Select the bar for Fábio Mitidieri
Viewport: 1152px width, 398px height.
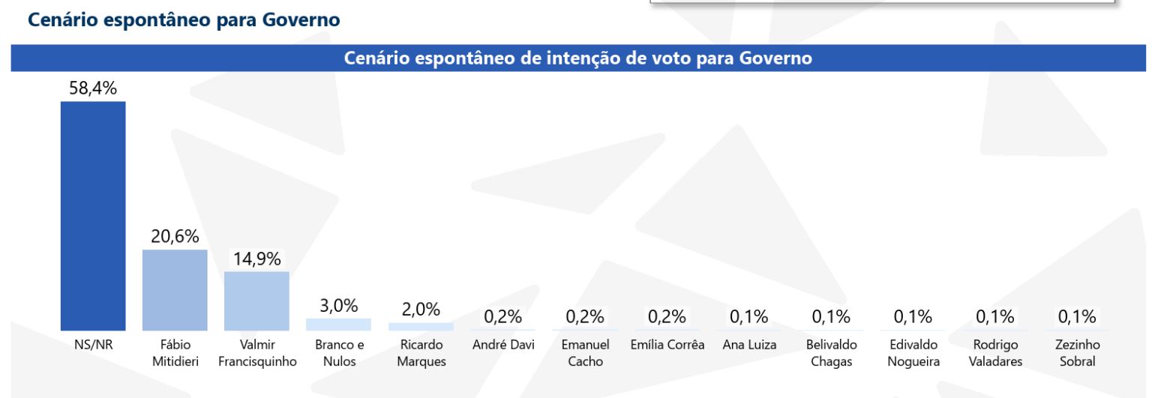pyautogui.click(x=175, y=290)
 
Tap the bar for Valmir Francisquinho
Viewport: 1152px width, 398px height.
pyautogui.click(x=256, y=301)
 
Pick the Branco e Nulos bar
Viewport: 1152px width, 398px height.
pyautogui.click(x=339, y=325)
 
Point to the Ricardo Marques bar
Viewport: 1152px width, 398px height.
pyautogui.click(x=421, y=327)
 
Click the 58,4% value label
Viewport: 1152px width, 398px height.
pyautogui.click(x=93, y=88)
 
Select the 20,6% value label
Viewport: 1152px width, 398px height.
pyautogui.click(x=175, y=237)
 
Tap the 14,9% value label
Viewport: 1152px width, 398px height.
pyautogui.click(x=256, y=259)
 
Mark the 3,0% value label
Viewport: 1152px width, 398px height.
pyautogui.click(x=339, y=306)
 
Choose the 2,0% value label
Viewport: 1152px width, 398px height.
pyautogui.click(x=421, y=310)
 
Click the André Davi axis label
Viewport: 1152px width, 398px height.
pyautogui.click(x=502, y=346)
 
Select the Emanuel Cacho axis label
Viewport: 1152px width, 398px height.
pyautogui.click(x=585, y=353)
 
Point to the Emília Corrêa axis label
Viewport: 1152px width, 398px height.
pyautogui.click(x=667, y=346)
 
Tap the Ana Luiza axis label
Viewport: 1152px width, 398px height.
pyautogui.click(x=749, y=346)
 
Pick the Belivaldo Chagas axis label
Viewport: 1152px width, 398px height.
pyautogui.click(x=831, y=353)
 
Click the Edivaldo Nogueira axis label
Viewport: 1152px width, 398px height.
pyautogui.click(x=913, y=353)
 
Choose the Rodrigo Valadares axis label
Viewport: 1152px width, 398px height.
pyautogui.click(x=995, y=353)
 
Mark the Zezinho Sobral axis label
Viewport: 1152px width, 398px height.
pyautogui.click(x=1077, y=353)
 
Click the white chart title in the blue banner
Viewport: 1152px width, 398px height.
pyautogui.click(x=577, y=58)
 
